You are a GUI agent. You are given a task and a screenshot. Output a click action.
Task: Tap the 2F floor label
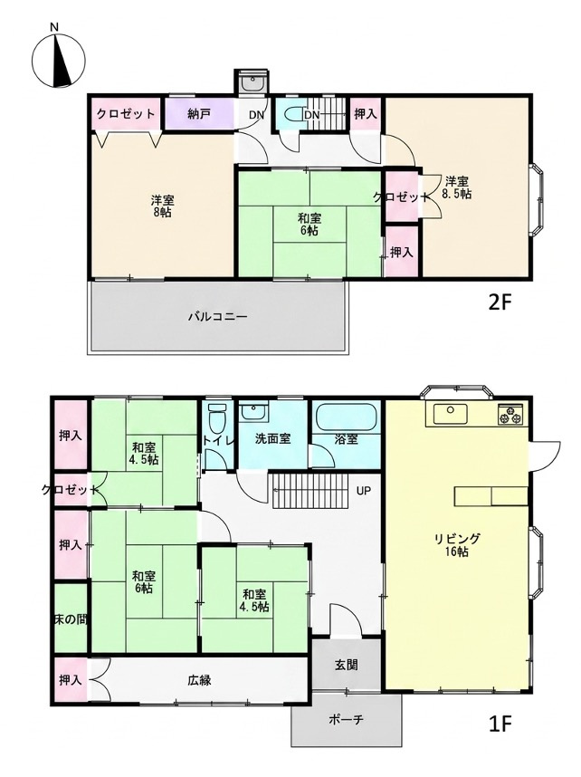click(500, 302)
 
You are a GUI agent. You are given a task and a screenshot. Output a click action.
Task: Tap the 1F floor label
click(500, 724)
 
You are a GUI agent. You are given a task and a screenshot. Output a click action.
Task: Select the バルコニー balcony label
click(217, 316)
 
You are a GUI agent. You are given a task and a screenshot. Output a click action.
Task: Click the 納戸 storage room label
click(200, 113)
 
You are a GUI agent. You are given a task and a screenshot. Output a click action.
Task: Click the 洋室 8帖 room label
click(163, 206)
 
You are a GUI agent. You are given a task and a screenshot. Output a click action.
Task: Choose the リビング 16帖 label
click(457, 544)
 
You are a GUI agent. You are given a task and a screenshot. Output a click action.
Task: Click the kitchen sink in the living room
click(451, 414)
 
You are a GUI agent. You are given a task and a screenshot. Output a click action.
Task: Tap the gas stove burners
click(510, 414)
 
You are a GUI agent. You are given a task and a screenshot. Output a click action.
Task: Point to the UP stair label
click(364, 491)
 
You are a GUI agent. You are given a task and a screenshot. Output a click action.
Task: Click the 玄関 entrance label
click(347, 665)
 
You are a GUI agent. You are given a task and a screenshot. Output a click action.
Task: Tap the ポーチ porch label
click(346, 719)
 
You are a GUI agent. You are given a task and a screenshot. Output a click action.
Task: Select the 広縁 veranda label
click(200, 680)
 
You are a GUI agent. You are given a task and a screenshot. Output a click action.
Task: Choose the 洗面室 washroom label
click(273, 438)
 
